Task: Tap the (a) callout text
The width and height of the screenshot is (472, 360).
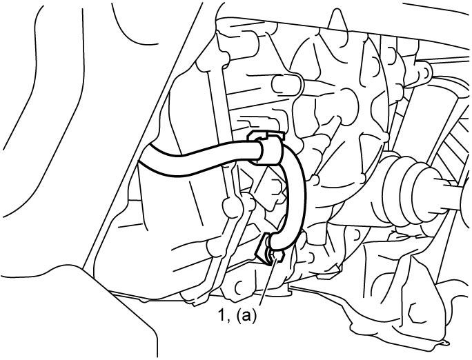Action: (x=246, y=317)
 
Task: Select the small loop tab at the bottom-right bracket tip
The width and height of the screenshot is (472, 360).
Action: (x=445, y=343)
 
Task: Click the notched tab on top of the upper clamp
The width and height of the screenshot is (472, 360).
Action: (x=266, y=135)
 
